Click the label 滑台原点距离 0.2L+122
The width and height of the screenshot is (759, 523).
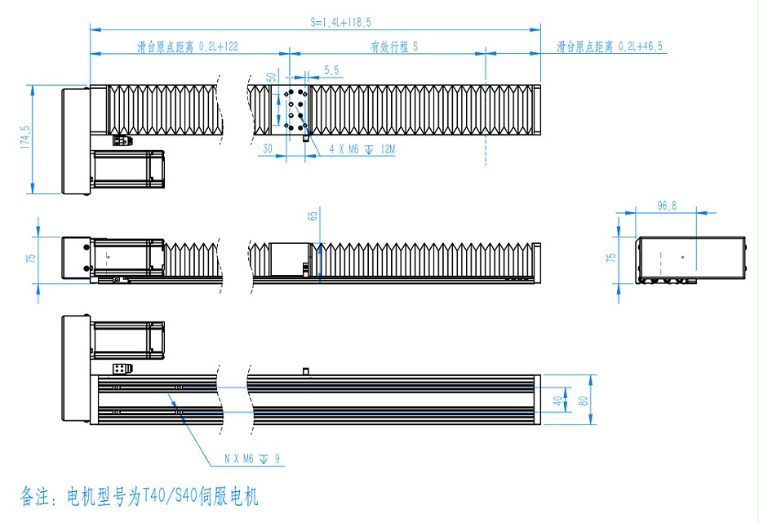click(187, 47)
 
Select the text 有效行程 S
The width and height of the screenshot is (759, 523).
click(394, 47)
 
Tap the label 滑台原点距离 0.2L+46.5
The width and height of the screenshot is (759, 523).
click(609, 47)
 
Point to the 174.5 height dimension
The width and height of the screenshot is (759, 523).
click(25, 138)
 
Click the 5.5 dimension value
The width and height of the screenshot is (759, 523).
click(331, 72)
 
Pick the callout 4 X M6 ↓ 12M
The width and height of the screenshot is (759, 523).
click(362, 150)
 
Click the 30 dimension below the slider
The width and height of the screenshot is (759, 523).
click(267, 149)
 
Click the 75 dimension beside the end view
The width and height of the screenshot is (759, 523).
click(610, 259)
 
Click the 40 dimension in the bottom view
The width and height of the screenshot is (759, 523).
click(557, 401)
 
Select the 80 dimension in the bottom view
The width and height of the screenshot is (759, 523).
click(583, 401)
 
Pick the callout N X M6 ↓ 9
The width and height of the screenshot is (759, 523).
click(252, 459)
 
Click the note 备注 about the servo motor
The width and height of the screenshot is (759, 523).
click(139, 496)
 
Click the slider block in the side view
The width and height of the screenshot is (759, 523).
click(291, 260)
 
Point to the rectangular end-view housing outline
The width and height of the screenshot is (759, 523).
click(691, 259)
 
